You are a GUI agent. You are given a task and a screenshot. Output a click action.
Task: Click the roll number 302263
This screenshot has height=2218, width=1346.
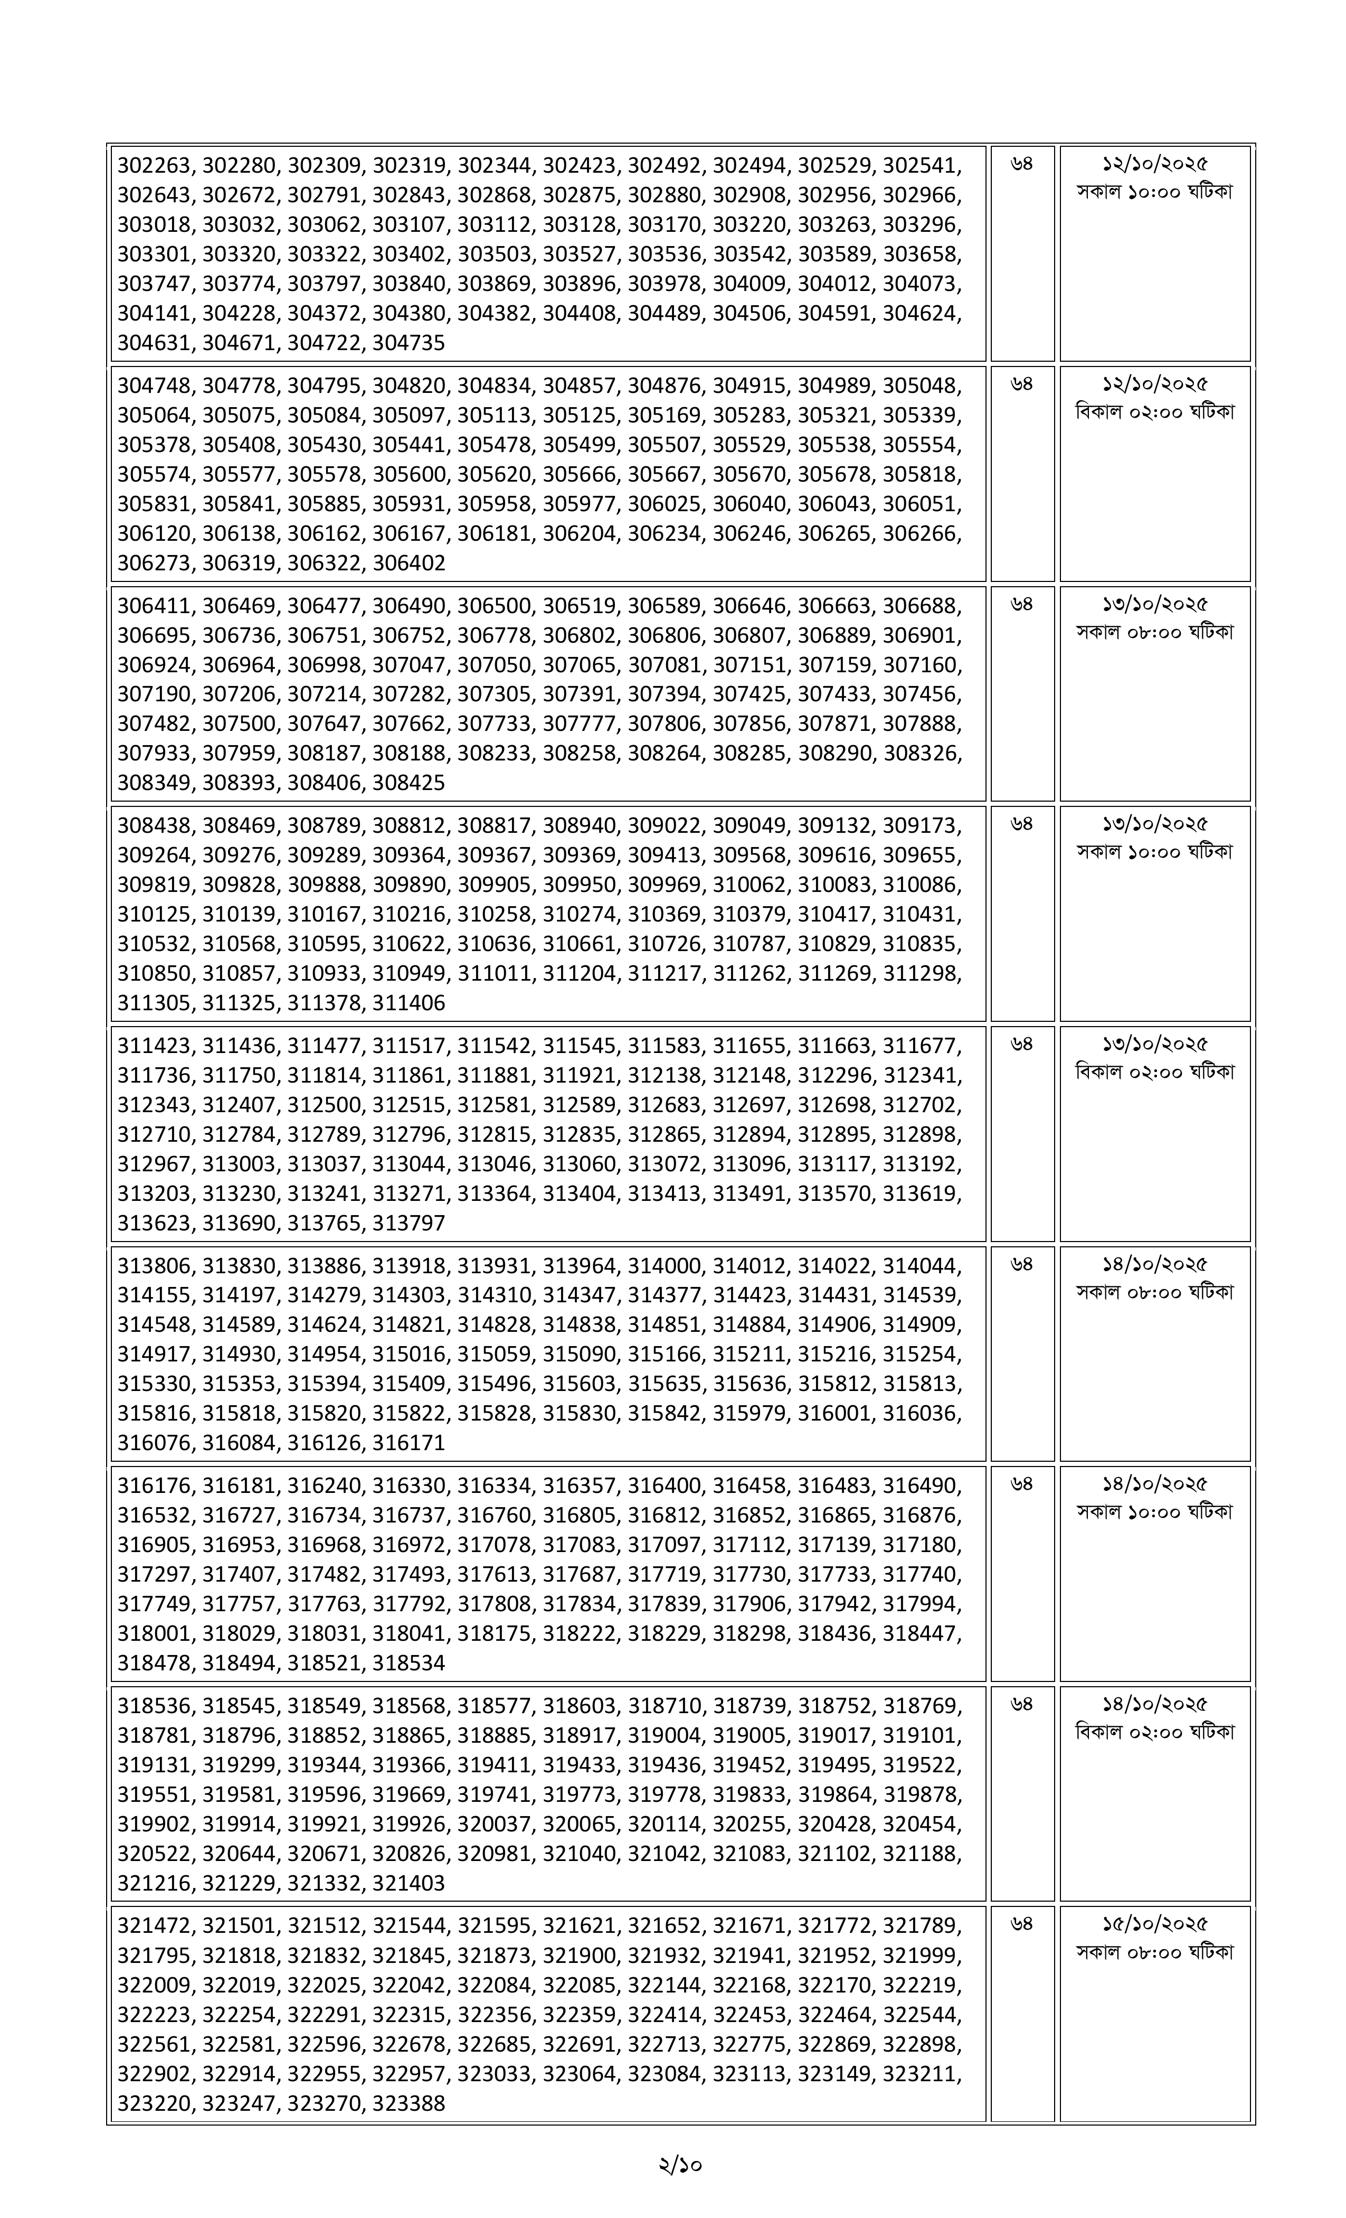155,165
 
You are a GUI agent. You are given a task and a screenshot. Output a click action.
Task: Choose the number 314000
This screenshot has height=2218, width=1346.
664,1266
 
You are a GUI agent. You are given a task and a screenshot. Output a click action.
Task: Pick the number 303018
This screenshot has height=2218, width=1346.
155,224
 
